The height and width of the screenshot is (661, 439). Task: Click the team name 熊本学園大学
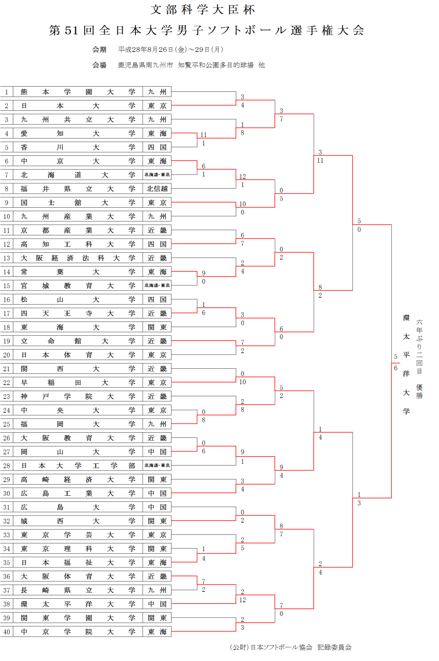point(78,92)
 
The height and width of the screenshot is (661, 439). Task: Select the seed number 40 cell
point(6,632)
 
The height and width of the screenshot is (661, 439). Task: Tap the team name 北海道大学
point(78,175)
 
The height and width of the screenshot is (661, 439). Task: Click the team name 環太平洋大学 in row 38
point(78,604)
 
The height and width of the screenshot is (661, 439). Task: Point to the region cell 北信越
point(157,189)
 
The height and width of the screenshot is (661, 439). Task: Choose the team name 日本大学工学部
point(78,466)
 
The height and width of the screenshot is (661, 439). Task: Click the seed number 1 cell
point(6,92)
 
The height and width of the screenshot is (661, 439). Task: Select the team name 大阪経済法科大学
point(78,258)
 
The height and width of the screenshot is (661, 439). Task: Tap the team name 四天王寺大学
point(78,313)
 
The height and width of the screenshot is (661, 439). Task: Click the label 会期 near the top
point(99,50)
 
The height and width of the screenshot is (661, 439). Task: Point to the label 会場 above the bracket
point(99,65)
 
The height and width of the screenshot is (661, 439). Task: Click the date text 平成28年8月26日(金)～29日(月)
point(171,50)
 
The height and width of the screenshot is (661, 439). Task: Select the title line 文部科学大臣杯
point(203,9)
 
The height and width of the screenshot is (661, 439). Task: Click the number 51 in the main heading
point(71,30)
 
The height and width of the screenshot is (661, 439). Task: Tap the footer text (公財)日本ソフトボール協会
point(271,647)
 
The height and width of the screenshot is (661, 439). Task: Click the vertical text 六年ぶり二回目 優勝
point(419,359)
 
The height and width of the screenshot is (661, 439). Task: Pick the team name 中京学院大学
point(78,632)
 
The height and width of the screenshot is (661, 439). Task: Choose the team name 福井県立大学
point(78,189)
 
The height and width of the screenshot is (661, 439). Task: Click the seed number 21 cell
point(6,369)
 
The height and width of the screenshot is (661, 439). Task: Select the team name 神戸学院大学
point(78,396)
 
